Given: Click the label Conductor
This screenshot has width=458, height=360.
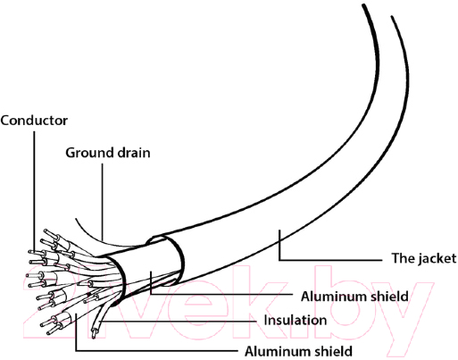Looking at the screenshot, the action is click(x=34, y=121).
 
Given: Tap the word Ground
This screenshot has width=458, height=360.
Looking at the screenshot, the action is click(x=89, y=153).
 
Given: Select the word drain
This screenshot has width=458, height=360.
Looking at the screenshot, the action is click(x=134, y=153).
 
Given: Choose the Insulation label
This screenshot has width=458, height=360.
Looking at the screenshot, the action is click(x=296, y=321).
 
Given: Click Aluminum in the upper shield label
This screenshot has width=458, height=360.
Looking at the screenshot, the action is click(x=330, y=297).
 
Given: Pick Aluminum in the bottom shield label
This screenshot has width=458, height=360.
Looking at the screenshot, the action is click(x=274, y=352).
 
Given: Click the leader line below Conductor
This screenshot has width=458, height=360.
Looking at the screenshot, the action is click(x=34, y=192).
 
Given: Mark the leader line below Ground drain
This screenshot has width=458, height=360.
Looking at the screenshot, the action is click(x=103, y=202).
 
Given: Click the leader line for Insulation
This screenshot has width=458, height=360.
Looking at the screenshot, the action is click(x=179, y=322).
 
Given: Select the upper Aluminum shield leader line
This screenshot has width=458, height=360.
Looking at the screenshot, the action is click(x=221, y=294).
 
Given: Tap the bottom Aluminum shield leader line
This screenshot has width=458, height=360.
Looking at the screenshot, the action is click(x=155, y=351).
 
